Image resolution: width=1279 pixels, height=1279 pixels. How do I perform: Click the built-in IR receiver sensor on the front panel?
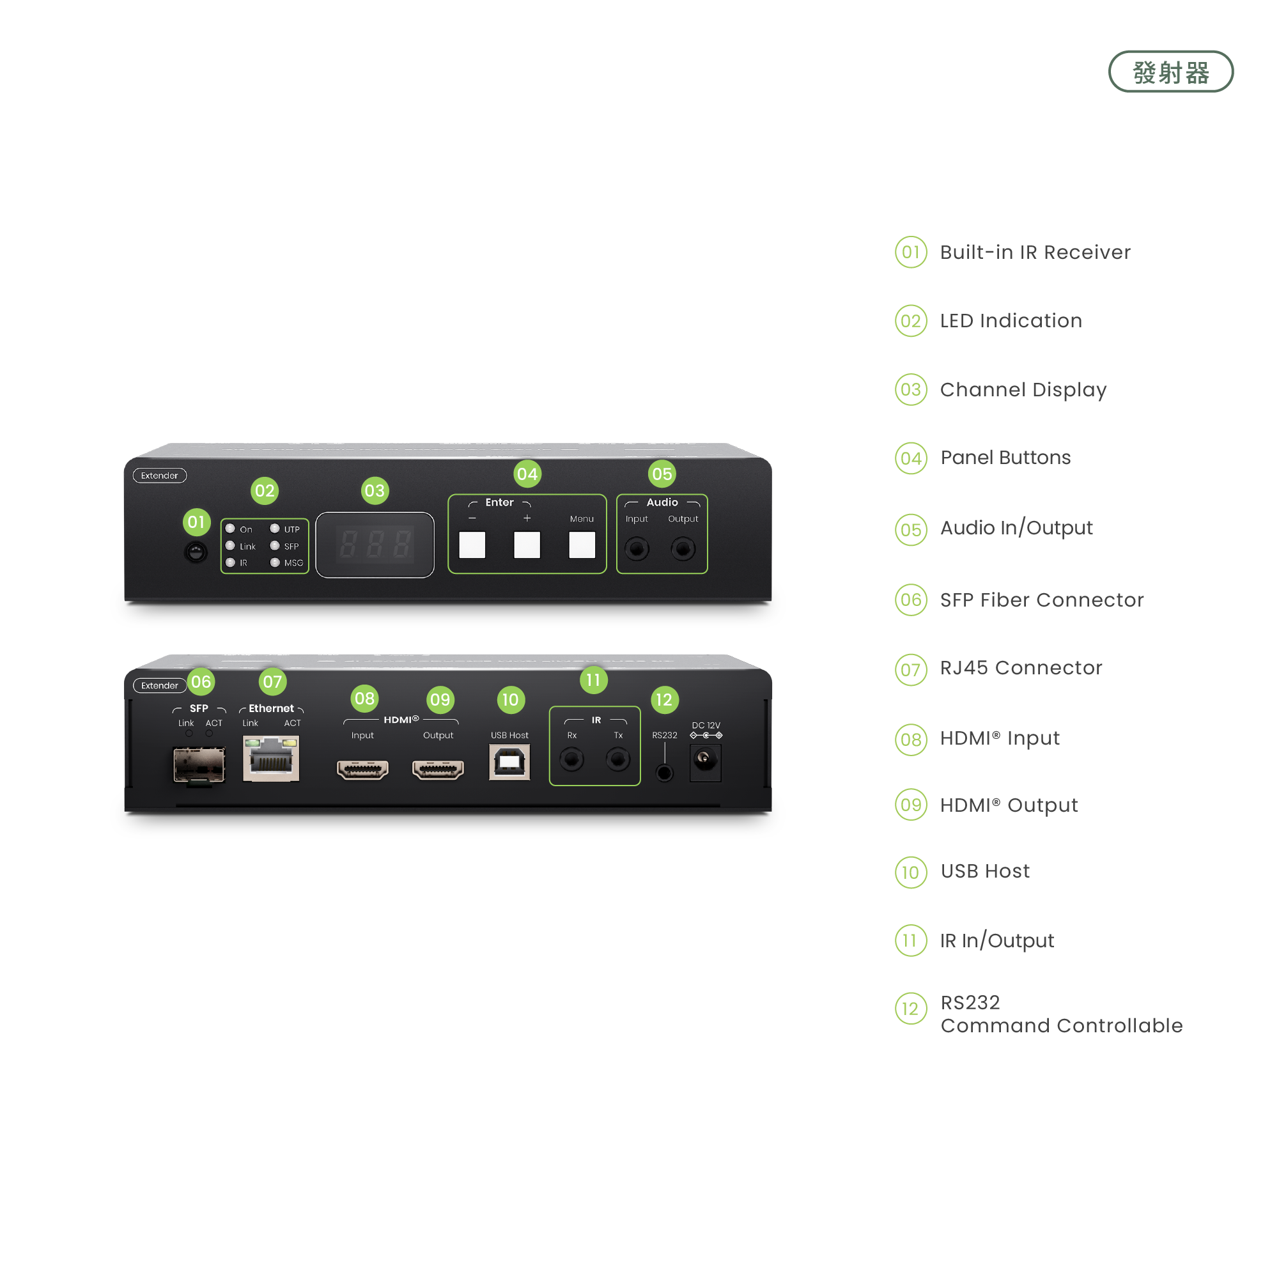pyautogui.click(x=196, y=552)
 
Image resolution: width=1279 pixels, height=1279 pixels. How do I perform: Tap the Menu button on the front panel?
pyautogui.click(x=582, y=545)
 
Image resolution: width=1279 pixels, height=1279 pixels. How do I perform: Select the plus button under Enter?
pyautogui.click(x=527, y=545)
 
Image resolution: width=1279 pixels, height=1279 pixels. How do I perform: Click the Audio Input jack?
pyautogui.click(x=637, y=549)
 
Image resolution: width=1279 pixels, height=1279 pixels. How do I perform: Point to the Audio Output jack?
pyautogui.click(x=683, y=549)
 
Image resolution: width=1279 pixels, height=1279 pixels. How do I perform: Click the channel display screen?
pyautogui.click(x=375, y=545)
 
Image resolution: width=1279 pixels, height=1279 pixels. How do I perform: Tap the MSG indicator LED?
pyautogui.click(x=275, y=562)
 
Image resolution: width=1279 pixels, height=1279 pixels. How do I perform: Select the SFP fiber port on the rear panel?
pyautogui.click(x=199, y=764)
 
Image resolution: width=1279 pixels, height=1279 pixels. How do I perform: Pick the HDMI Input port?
pyautogui.click(x=362, y=770)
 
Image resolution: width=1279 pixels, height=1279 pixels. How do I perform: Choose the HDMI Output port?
pyautogui.click(x=438, y=770)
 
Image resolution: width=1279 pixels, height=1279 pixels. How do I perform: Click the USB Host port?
pyautogui.click(x=509, y=763)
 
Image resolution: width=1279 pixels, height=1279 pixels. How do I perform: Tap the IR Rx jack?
pyautogui.click(x=572, y=759)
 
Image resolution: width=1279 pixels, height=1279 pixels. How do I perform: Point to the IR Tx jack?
pyautogui.click(x=617, y=759)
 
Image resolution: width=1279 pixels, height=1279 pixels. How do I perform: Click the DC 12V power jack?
pyautogui.click(x=705, y=759)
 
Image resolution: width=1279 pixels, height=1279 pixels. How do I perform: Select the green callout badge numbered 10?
pyautogui.click(x=511, y=700)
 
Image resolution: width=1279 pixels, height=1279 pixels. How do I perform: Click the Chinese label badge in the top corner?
pyautogui.click(x=1171, y=73)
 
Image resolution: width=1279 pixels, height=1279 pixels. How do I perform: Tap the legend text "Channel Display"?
pyautogui.click(x=1023, y=390)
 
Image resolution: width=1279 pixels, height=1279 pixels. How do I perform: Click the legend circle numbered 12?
pyautogui.click(x=911, y=1009)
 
